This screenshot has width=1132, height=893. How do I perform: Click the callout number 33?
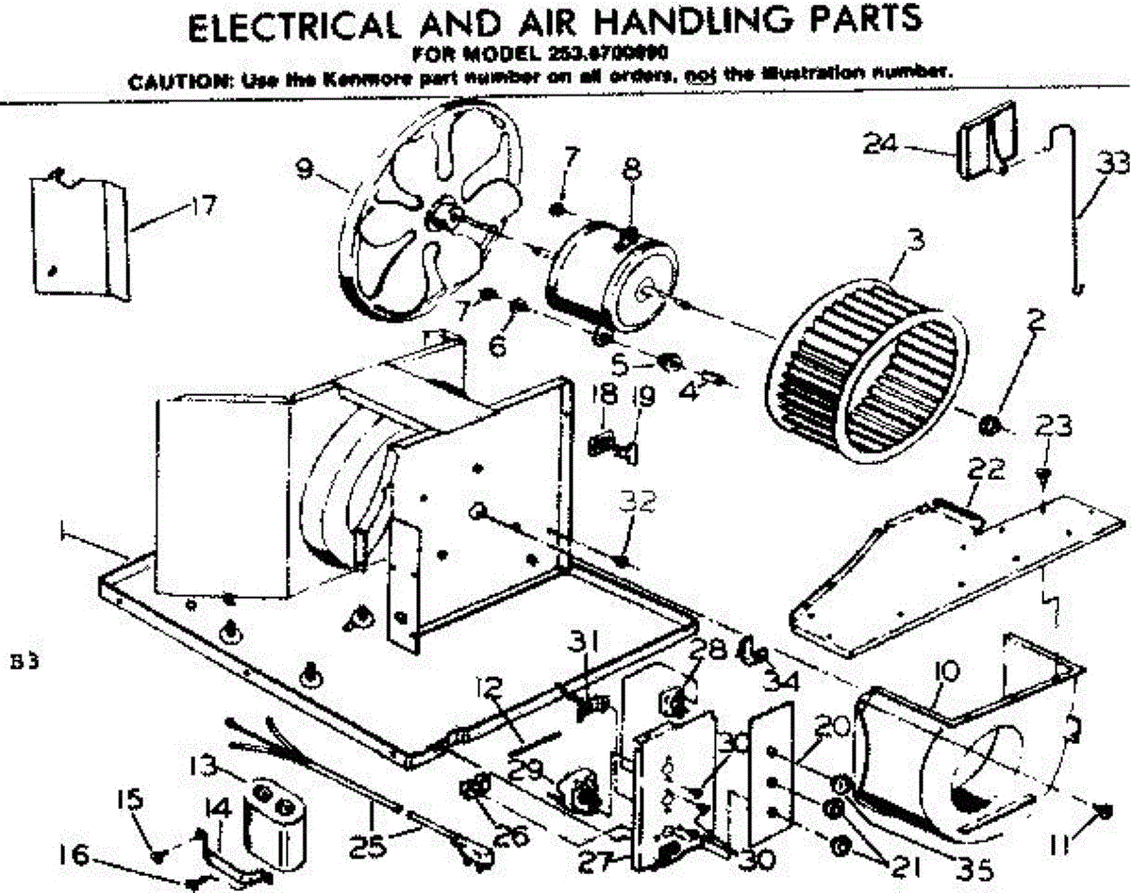(x=1113, y=164)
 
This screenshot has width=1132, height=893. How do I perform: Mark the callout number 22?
(x=983, y=468)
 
